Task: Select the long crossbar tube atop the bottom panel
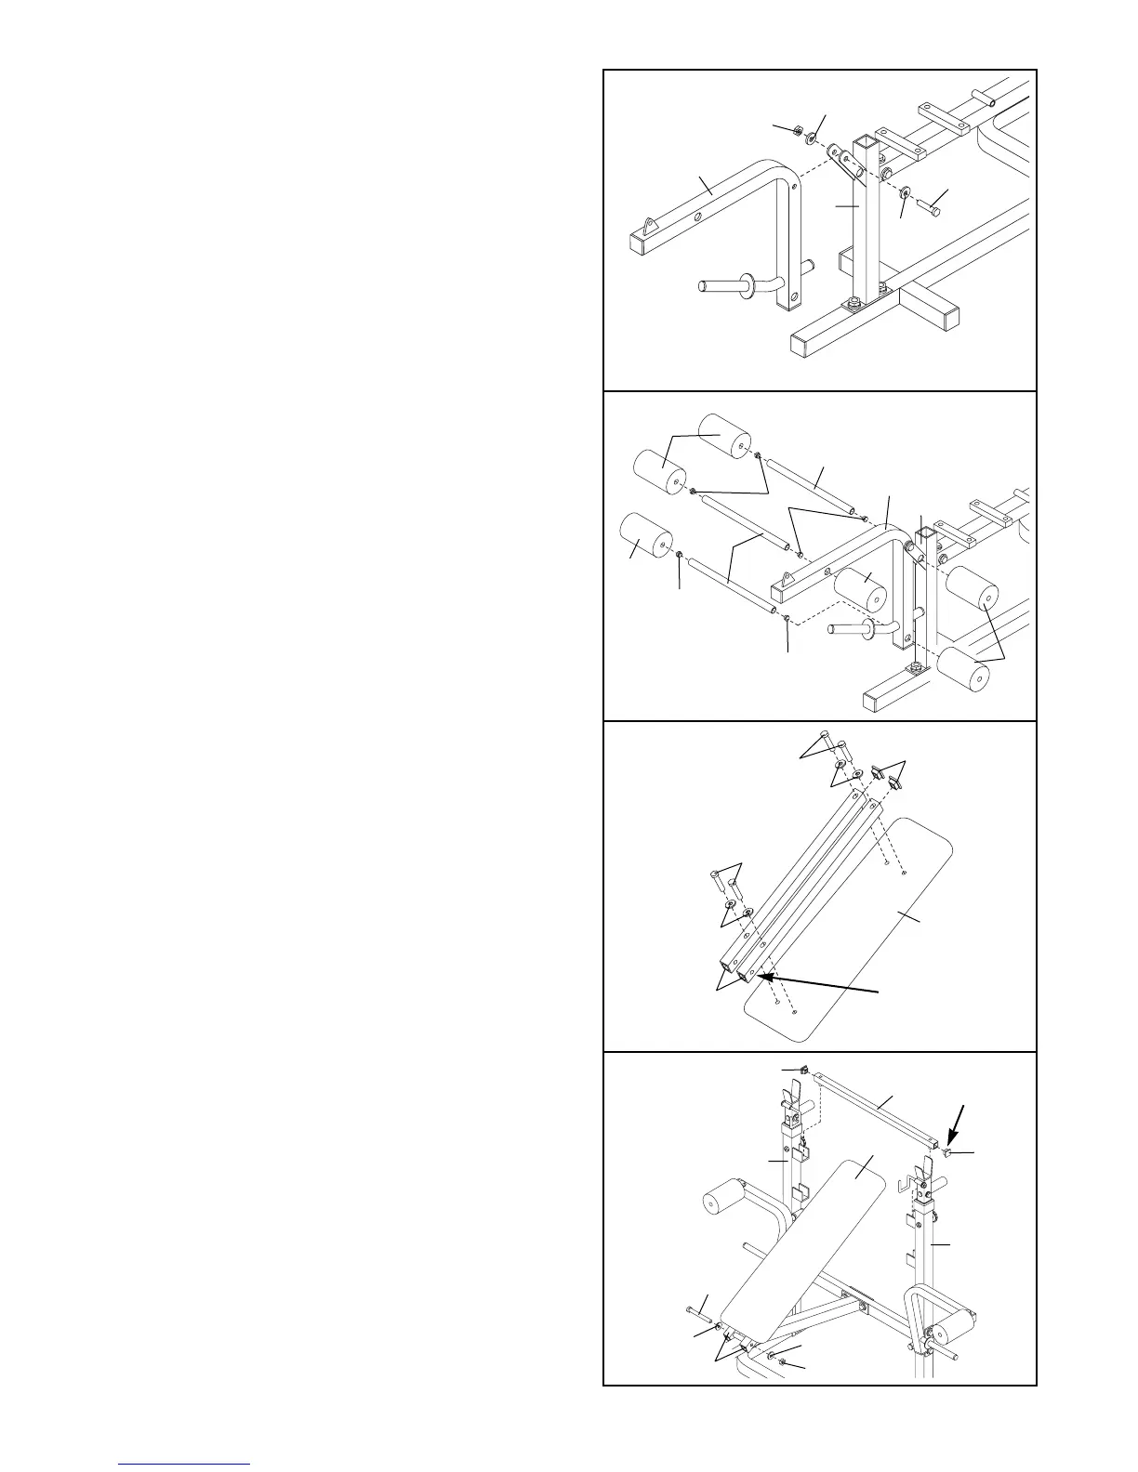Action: [x=879, y=1107]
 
